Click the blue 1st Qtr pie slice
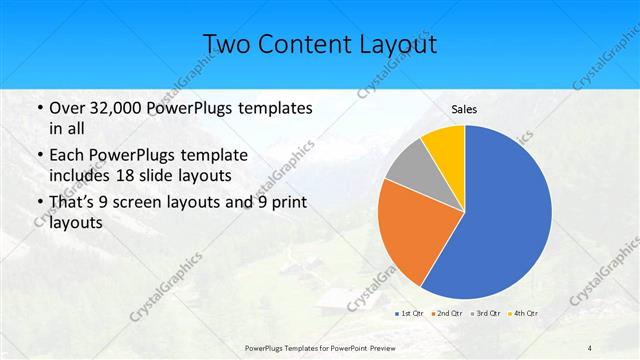(510, 220)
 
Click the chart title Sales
(464, 109)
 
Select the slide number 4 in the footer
(590, 346)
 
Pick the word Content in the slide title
(306, 45)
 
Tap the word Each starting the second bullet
(67, 154)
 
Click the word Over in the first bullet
(67, 107)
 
